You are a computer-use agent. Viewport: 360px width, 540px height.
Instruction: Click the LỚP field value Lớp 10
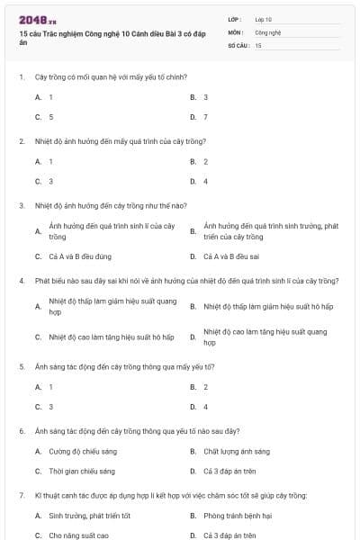264,19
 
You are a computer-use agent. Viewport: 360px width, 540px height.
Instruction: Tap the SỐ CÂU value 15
258,44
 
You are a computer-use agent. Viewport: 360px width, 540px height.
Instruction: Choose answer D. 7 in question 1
205,117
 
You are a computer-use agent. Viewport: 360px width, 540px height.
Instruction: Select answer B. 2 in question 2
205,161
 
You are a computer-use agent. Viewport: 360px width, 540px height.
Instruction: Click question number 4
21,281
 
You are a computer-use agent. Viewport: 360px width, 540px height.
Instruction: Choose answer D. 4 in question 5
205,407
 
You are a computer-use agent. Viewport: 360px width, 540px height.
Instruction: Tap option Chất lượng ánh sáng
236,451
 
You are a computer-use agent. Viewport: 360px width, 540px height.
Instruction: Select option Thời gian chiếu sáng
82,471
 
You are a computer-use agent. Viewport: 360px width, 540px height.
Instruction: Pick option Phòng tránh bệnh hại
238,516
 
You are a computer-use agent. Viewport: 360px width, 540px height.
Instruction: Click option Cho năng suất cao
78,535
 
